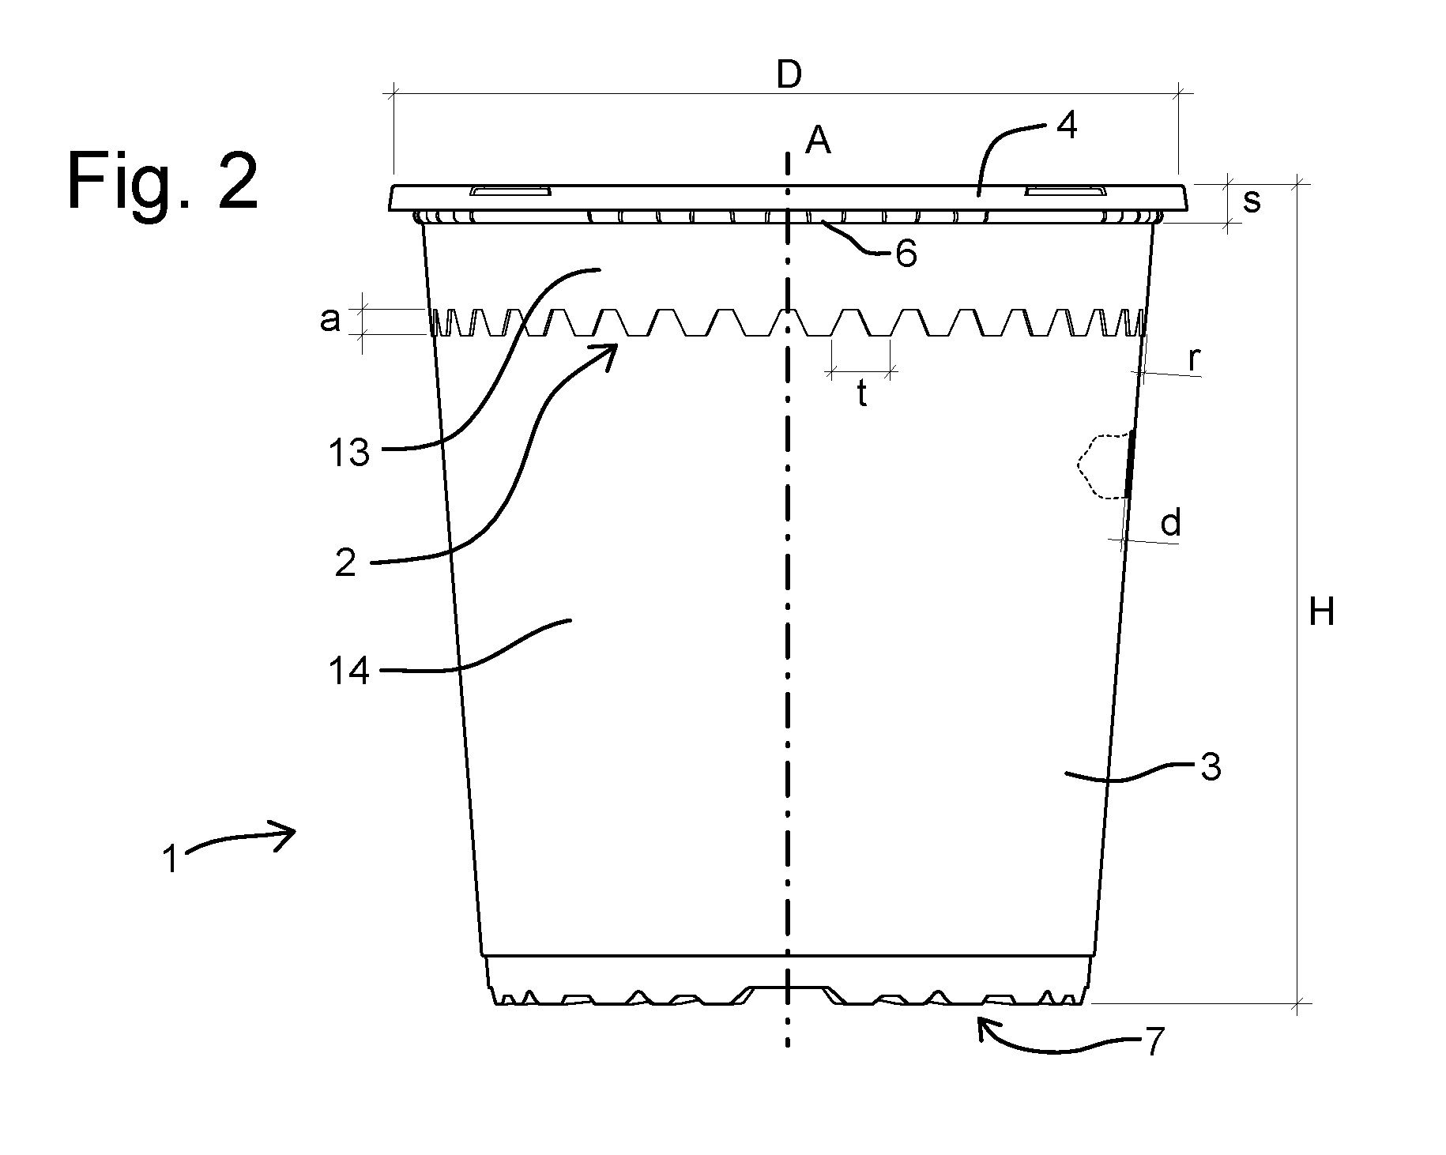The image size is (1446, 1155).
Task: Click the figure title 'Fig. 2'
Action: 163,181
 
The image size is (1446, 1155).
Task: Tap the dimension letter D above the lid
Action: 789,75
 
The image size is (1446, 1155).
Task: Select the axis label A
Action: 817,142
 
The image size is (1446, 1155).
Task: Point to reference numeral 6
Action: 906,254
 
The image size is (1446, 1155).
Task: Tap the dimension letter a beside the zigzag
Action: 331,320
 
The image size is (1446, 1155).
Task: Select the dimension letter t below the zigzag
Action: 862,394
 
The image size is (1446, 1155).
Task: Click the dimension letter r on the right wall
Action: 1195,360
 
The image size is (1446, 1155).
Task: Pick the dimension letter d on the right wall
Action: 1170,523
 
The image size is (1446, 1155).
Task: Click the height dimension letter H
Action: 1321,612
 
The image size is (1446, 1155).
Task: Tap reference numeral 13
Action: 348,454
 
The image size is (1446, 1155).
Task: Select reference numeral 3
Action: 1211,767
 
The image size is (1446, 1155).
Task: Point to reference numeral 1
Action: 171,860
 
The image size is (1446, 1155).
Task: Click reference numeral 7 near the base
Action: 1154,1043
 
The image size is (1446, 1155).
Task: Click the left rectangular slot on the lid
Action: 510,191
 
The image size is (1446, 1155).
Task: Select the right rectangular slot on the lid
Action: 1065,191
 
